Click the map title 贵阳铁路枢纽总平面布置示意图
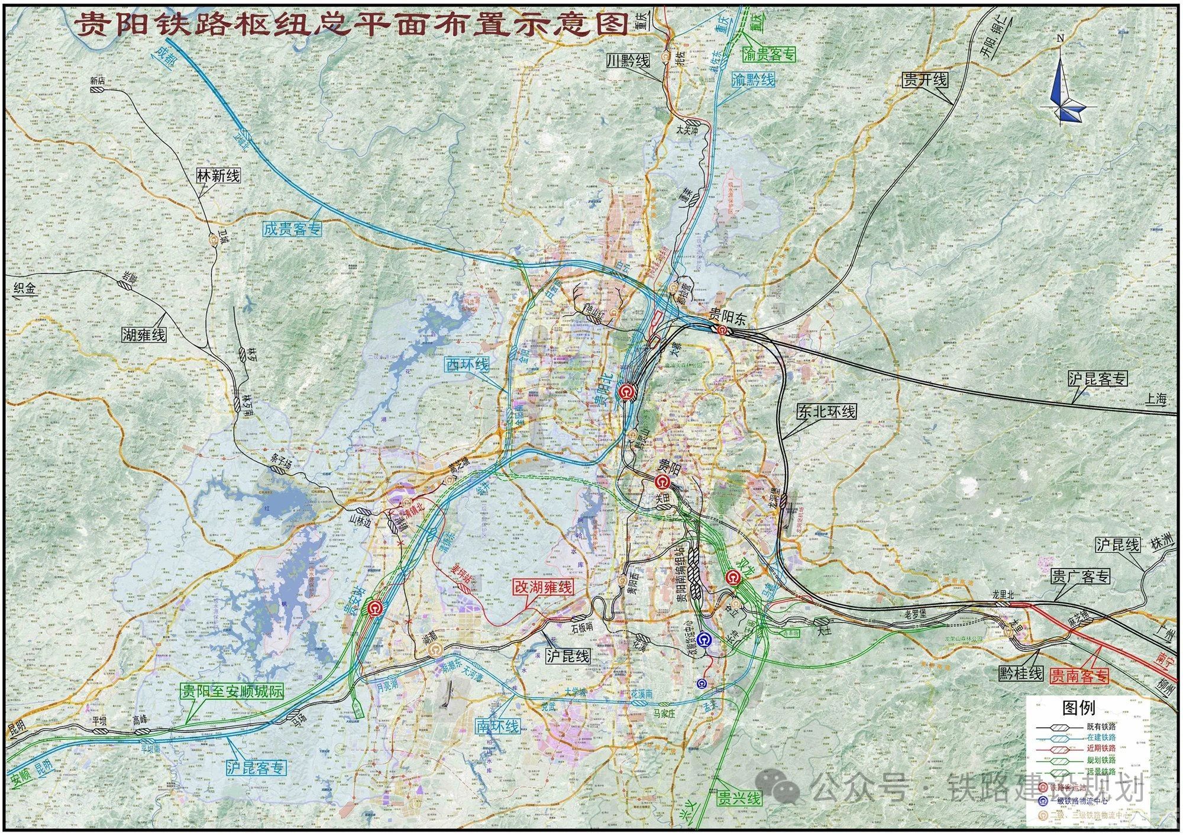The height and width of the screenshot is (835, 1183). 351,24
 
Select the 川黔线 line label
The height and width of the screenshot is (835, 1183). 628,60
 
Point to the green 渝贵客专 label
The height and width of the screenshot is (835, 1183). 768,55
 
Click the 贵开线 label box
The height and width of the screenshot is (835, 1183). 925,80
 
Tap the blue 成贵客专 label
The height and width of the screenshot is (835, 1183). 292,228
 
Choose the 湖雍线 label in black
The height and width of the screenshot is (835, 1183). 144,334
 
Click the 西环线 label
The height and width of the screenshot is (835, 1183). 468,364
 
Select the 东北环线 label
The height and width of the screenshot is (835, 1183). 826,412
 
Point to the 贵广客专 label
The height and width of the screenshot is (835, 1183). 1081,576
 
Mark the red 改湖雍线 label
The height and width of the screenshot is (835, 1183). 542,587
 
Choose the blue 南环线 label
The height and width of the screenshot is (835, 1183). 498,726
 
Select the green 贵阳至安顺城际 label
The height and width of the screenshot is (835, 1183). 232,691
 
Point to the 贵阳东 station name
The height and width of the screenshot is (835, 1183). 728,318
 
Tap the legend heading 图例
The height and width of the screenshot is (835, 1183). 1078,708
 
